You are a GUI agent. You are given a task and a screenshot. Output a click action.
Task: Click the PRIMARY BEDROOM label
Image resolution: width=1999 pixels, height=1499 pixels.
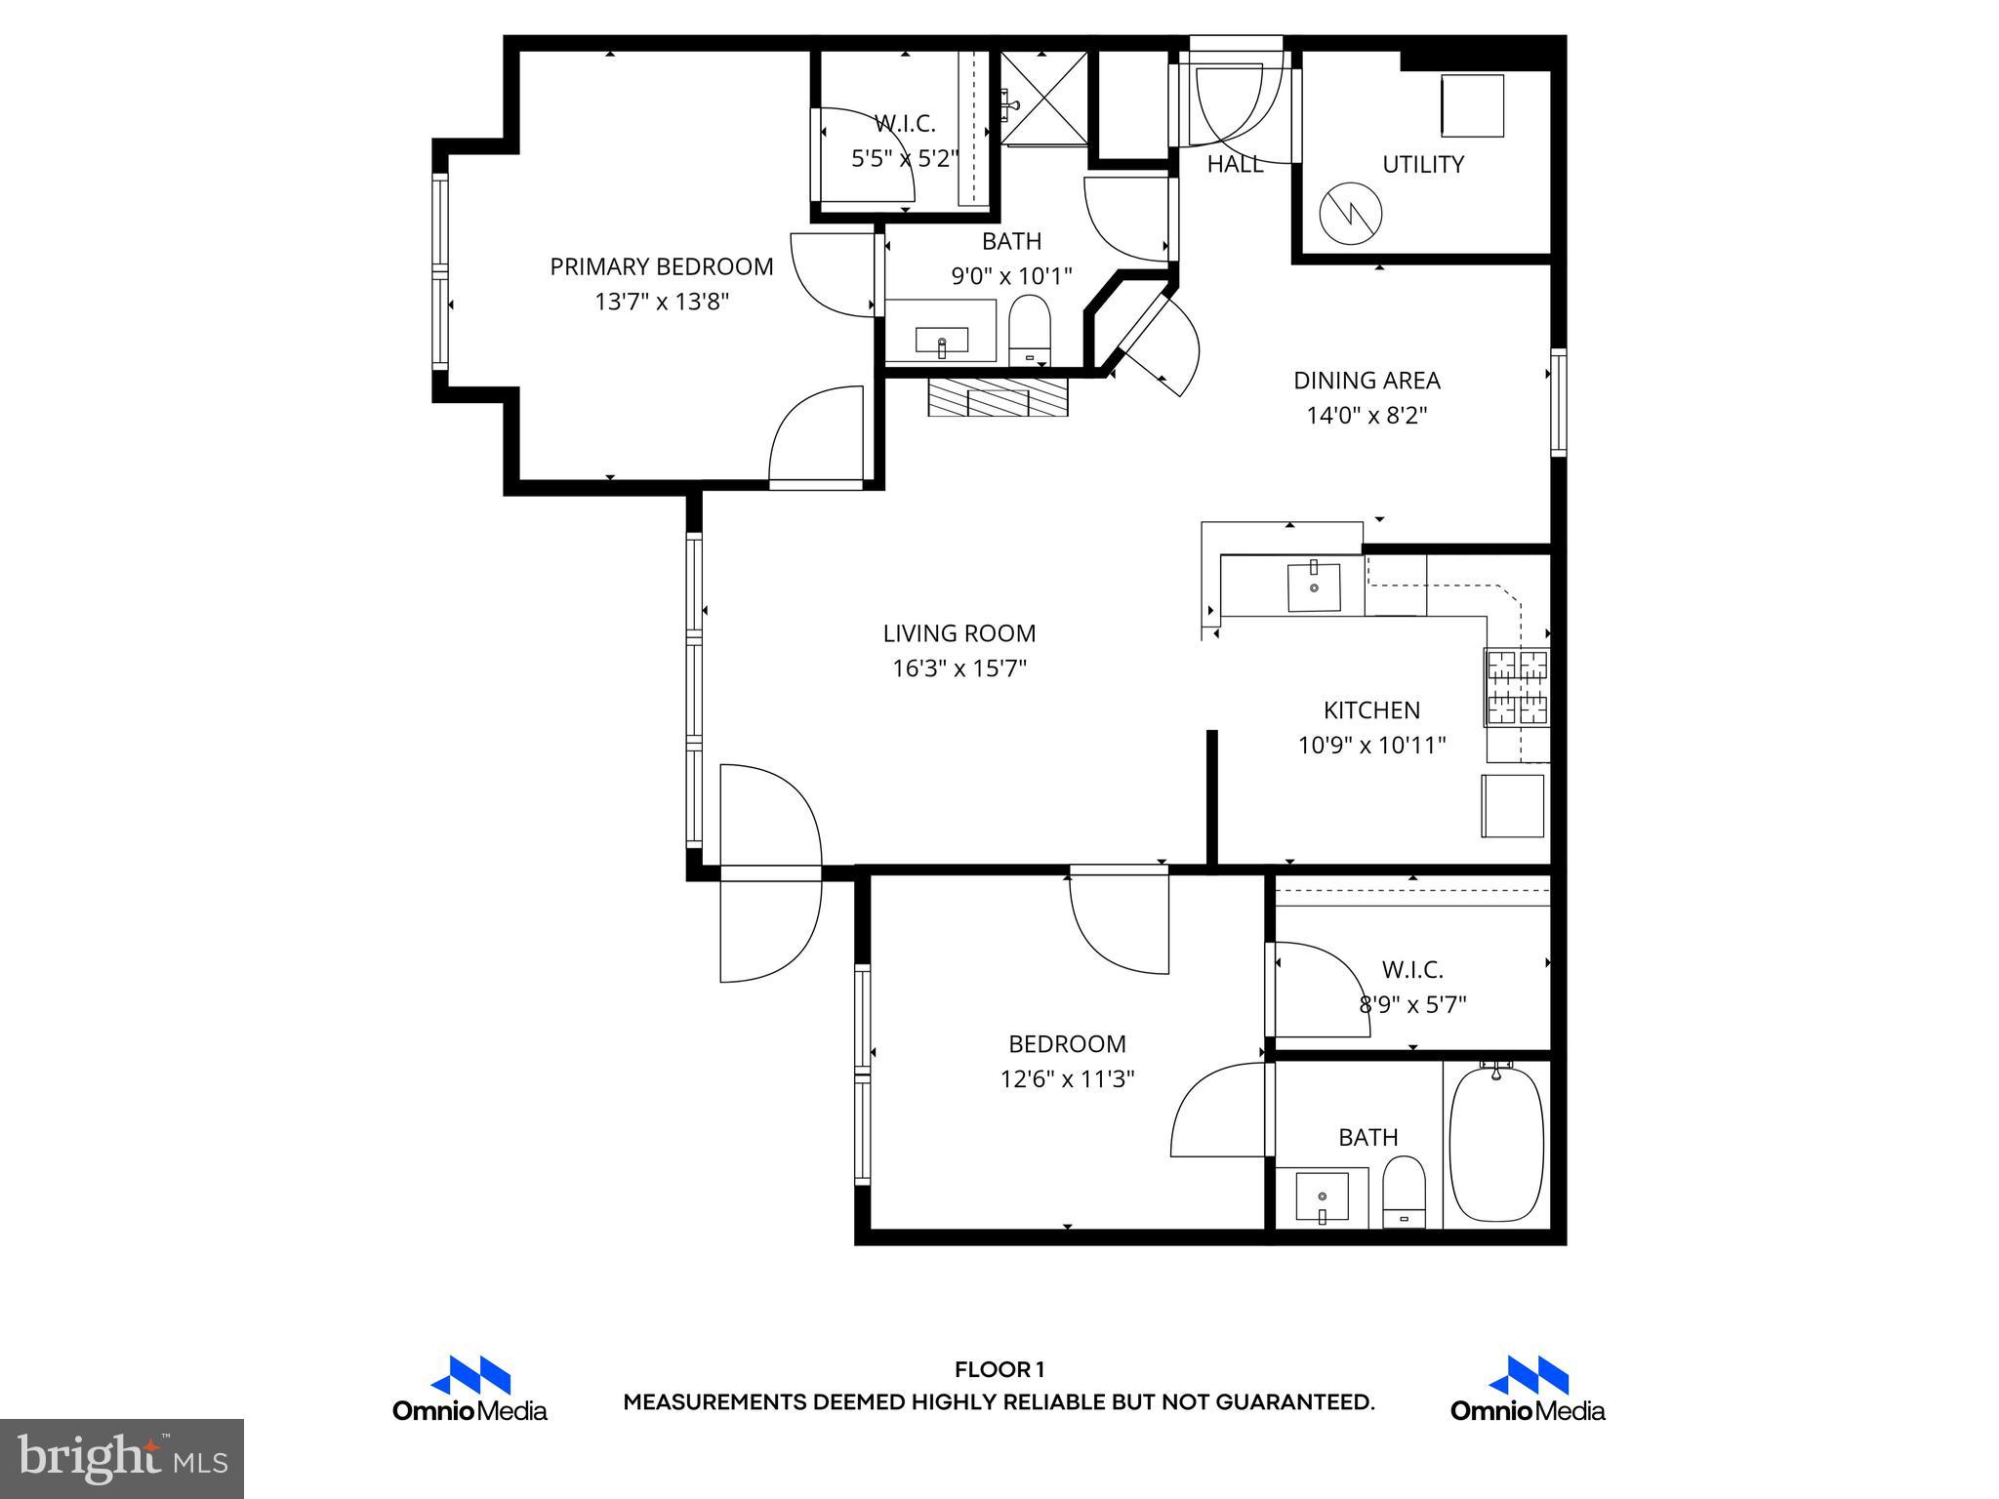(661, 266)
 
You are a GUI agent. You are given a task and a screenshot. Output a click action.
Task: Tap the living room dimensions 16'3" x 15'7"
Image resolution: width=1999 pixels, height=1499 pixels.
(959, 668)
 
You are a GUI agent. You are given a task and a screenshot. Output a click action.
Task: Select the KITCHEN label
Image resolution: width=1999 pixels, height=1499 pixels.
(1371, 710)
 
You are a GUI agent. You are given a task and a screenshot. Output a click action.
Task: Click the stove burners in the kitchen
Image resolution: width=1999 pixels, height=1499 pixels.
(1517, 688)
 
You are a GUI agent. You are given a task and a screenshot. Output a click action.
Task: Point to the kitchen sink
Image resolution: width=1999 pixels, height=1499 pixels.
(1314, 587)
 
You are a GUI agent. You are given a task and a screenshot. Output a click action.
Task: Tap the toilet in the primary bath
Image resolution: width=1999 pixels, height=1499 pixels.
(1028, 331)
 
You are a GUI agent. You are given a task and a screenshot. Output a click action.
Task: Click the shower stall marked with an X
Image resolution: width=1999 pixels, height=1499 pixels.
(1044, 98)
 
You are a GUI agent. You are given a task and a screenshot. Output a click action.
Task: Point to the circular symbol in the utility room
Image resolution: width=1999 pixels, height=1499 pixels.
(1351, 216)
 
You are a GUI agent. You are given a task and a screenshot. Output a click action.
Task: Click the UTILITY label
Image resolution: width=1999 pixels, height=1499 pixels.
(1422, 165)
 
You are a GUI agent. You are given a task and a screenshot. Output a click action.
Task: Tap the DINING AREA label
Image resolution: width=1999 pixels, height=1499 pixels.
(1367, 381)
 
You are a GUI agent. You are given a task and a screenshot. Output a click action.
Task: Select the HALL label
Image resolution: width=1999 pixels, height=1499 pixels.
(1235, 165)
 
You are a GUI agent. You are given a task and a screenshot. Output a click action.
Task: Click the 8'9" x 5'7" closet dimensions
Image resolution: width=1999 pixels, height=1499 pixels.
(1412, 1004)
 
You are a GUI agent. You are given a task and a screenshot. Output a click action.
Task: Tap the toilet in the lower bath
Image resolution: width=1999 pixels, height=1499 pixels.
(1404, 1193)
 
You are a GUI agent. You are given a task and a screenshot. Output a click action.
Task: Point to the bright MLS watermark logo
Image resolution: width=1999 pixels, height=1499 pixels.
(122, 1459)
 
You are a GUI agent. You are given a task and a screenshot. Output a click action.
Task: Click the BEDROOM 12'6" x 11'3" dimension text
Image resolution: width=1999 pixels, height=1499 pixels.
(1067, 1079)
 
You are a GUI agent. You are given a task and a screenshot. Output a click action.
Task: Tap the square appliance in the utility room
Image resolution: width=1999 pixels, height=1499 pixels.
(1473, 105)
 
